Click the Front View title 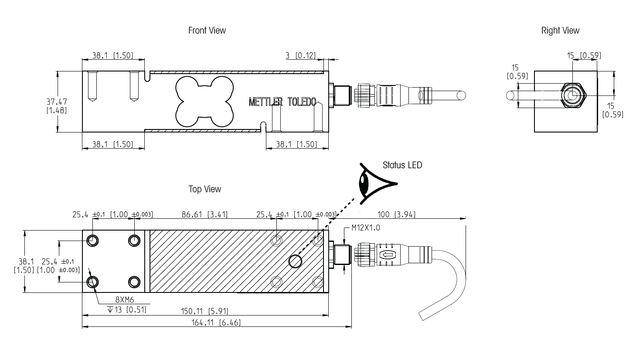click(207, 31)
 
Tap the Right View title click(560, 31)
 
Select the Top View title click(204, 189)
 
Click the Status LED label click(402, 165)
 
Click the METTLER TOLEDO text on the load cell click(282, 102)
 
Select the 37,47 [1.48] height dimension click(57, 106)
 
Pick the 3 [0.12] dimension click(300, 56)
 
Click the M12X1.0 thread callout click(365, 228)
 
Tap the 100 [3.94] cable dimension click(396, 214)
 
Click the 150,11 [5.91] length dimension click(204, 311)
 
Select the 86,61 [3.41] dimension click(204, 214)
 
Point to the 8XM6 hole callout click(124, 300)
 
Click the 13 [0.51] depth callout click(126, 309)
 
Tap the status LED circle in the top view click(296, 261)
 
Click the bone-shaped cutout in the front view click(203, 101)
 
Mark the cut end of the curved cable click(422, 316)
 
